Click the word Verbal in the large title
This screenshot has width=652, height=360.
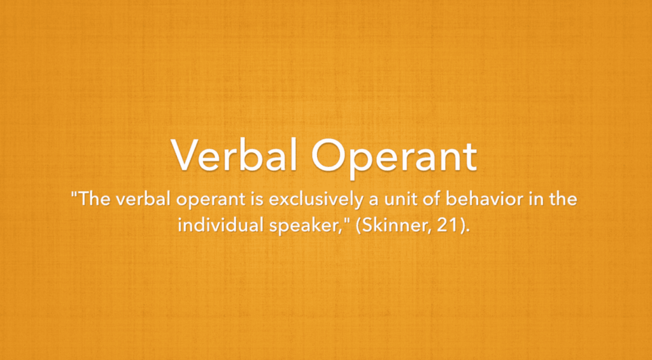point(229,155)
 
